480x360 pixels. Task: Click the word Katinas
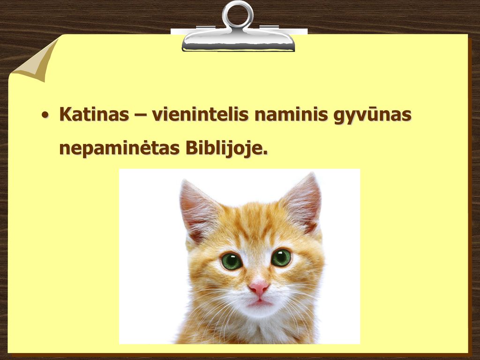[x=94, y=114]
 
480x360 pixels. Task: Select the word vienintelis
[x=200, y=114]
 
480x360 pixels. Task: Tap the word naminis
[x=291, y=114]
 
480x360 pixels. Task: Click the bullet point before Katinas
[x=45, y=115]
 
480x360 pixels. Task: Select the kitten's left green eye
[x=232, y=261]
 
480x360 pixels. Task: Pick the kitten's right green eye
[x=281, y=257]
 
